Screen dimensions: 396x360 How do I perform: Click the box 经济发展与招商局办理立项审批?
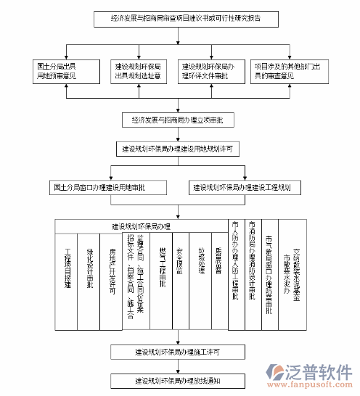point(177,119)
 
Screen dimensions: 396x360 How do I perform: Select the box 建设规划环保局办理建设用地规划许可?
point(177,149)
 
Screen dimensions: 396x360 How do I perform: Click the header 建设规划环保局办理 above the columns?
point(141,226)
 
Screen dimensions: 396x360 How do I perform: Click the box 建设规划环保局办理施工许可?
point(177,352)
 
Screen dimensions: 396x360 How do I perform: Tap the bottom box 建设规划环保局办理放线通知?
point(177,379)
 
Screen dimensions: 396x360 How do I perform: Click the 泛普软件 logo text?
point(319,371)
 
